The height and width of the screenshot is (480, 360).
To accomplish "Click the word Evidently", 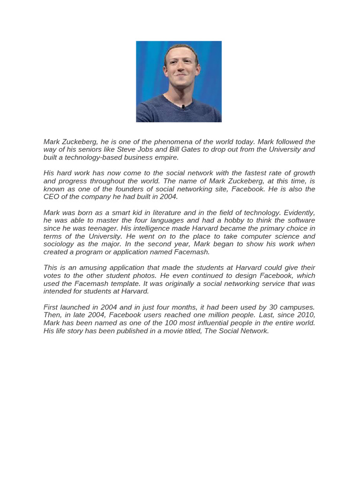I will pos(299,212).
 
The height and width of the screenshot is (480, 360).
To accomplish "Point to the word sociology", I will pos(60,244).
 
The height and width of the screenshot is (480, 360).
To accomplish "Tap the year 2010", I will pos(306,315).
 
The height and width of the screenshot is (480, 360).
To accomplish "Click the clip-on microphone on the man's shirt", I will pos(183,107).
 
